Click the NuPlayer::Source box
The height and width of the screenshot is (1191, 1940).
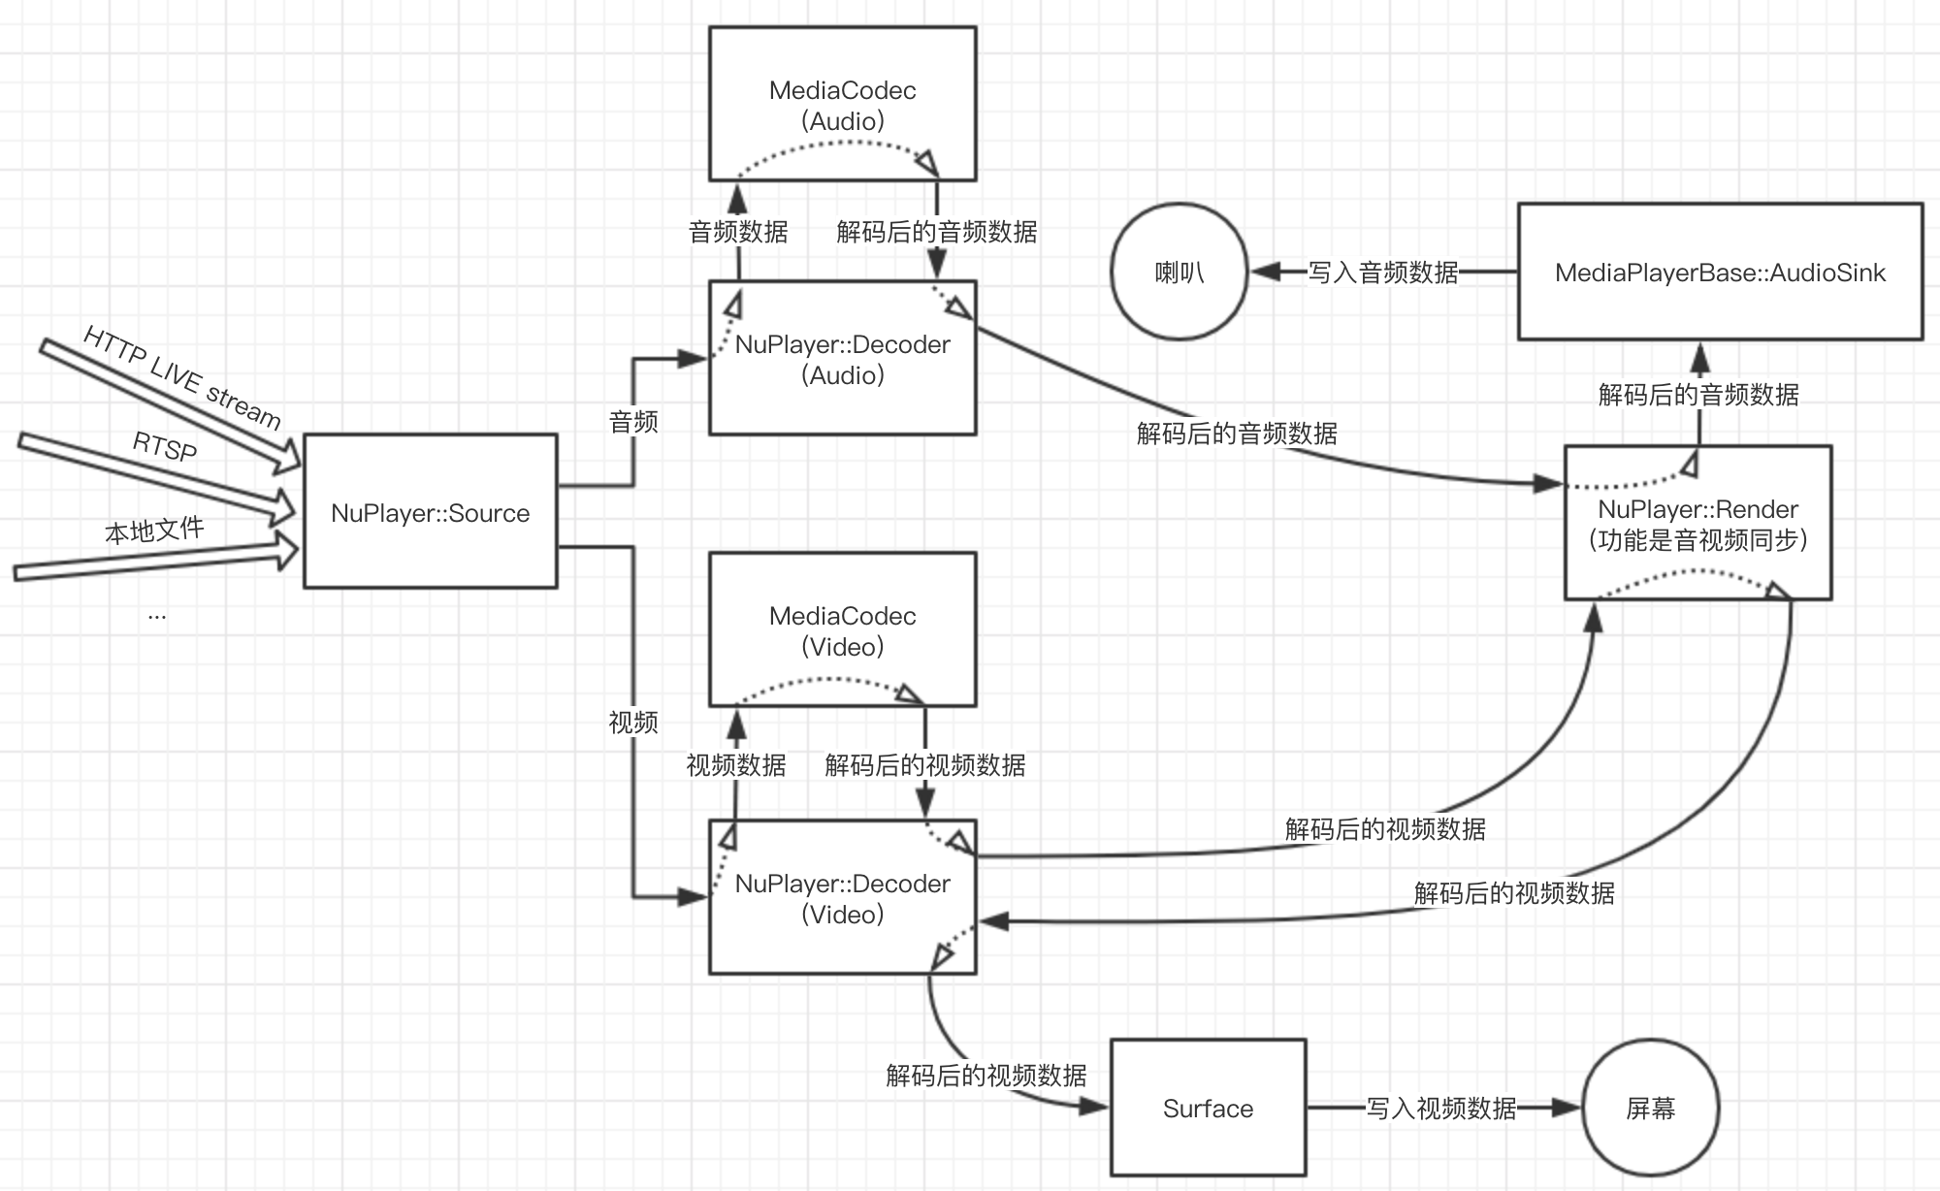pyautogui.click(x=430, y=511)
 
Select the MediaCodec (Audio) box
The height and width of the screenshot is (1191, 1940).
pyautogui.click(x=842, y=104)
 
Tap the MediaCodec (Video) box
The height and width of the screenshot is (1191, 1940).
pyautogui.click(x=842, y=629)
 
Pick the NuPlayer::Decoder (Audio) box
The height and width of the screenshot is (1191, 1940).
pyautogui.click(x=842, y=359)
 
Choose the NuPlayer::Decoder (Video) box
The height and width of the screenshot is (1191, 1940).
pyautogui.click(x=842, y=898)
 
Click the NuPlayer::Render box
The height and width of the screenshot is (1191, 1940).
pyautogui.click(x=1697, y=524)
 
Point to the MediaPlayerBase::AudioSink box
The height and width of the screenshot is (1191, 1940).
pyautogui.click(x=1720, y=273)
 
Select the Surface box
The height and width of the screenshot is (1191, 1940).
pyautogui.click(x=1208, y=1109)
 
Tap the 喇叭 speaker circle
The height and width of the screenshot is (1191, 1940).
pyautogui.click(x=1179, y=273)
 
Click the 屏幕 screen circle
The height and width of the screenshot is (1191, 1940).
pyautogui.click(x=1650, y=1109)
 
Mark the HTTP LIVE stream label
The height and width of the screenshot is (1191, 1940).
pyautogui.click(x=182, y=377)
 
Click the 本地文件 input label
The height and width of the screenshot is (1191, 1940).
pyautogui.click(x=154, y=531)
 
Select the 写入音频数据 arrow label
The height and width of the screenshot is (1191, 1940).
pyautogui.click(x=1383, y=273)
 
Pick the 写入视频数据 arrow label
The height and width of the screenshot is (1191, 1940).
pyautogui.click(x=1441, y=1109)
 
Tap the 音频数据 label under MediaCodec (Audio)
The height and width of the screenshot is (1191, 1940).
pyautogui.click(x=738, y=232)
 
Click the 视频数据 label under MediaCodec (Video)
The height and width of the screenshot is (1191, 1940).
pyautogui.click(x=736, y=765)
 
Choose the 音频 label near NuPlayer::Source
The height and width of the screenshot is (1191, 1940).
pyautogui.click(x=633, y=422)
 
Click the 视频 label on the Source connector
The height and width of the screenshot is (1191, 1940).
pyautogui.click(x=633, y=723)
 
